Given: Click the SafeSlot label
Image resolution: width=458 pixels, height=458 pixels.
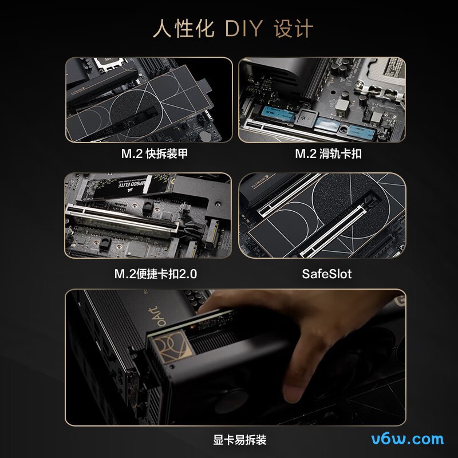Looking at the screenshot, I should [326, 274].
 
